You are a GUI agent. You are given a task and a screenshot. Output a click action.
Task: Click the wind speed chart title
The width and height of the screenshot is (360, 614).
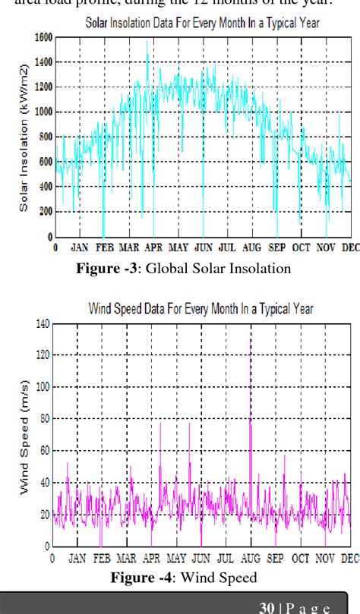(201, 309)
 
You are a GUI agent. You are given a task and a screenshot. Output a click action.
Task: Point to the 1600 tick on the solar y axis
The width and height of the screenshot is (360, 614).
(43, 37)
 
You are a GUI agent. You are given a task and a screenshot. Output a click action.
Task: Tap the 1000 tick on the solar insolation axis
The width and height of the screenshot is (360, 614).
(43, 112)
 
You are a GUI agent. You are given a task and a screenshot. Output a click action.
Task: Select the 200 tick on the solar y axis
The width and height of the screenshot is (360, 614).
(46, 212)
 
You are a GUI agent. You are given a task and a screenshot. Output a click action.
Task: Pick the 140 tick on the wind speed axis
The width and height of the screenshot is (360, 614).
(41, 323)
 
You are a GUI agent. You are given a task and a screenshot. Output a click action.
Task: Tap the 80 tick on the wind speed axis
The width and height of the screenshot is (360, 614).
(43, 419)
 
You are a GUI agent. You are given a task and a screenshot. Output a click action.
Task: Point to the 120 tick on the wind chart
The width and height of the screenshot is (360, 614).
(41, 355)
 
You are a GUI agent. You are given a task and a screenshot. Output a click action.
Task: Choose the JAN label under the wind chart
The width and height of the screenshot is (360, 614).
(77, 559)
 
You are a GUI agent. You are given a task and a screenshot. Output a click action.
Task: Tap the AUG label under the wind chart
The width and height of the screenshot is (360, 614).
(251, 559)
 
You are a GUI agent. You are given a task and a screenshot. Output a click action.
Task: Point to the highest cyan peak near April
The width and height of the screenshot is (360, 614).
(147, 42)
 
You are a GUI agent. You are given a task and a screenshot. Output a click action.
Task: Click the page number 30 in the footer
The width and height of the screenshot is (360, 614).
(266, 607)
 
